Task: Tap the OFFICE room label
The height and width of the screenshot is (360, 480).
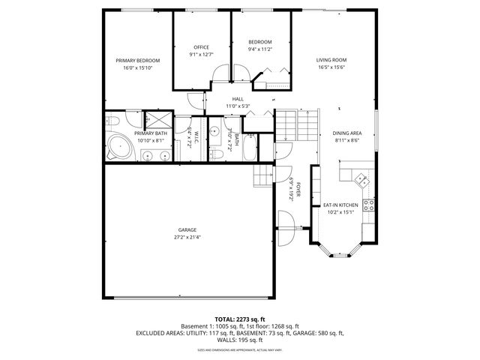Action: coord(202,47)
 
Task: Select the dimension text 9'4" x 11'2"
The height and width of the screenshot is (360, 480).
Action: coord(260,49)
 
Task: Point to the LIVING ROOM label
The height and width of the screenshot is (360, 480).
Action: coord(331,61)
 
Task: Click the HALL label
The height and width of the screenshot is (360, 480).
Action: coord(238,99)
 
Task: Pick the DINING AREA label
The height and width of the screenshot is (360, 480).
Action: coord(346,133)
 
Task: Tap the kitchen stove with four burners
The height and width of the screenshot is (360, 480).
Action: coord(368,203)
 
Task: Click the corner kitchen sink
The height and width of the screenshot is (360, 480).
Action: coord(362,179)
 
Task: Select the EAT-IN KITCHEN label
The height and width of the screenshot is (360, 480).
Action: coord(340,205)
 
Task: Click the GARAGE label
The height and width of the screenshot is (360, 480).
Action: coord(187,230)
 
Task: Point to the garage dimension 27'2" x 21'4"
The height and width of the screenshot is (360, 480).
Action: coord(187,237)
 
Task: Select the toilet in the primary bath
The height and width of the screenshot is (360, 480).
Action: coord(112,121)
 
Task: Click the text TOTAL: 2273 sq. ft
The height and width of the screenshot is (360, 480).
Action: coord(239,319)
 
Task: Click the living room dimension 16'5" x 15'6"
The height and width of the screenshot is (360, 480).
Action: coord(331,67)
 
